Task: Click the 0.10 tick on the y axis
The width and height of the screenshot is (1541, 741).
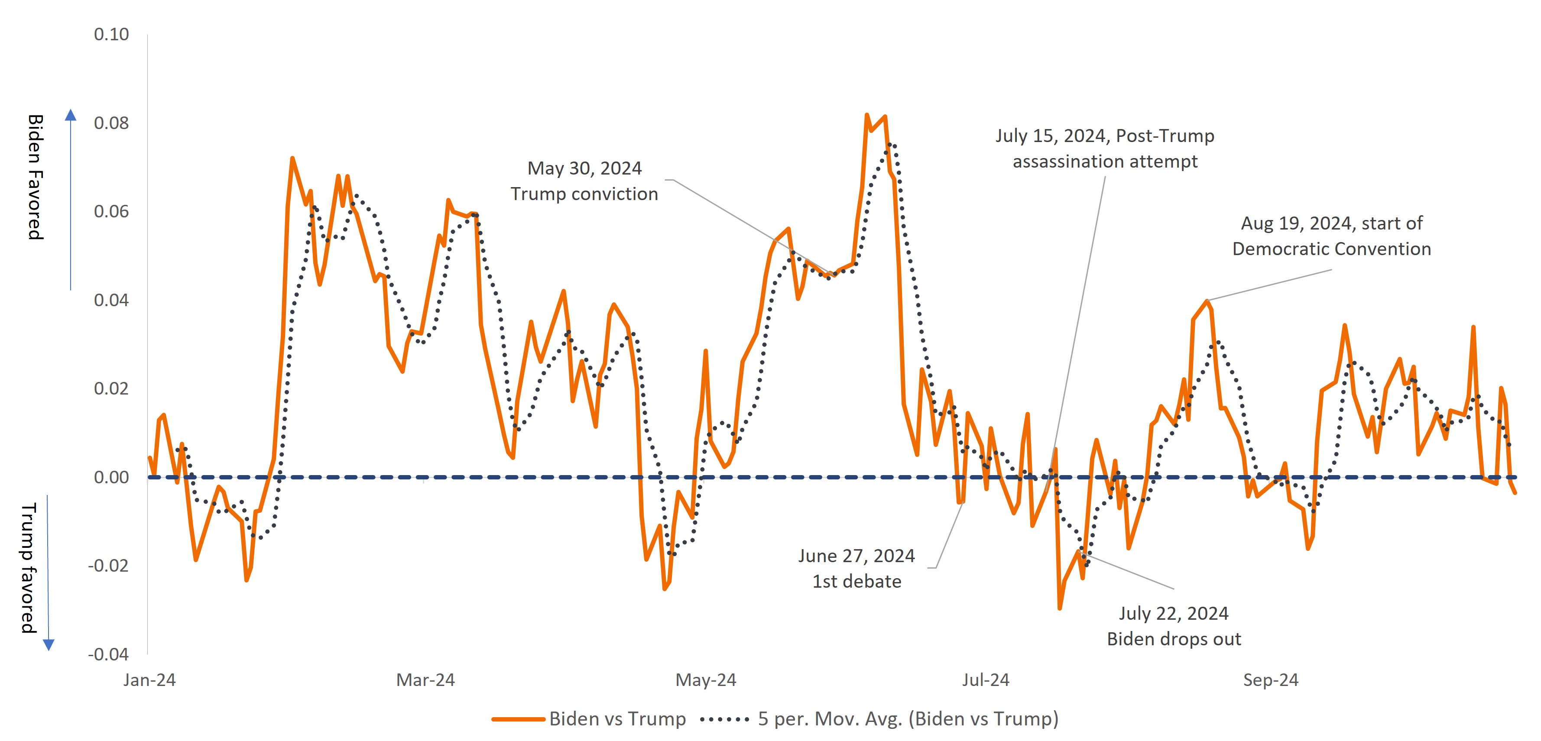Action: [111, 35]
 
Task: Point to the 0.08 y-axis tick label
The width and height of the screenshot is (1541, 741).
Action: [111, 123]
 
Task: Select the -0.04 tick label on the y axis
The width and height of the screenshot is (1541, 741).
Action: [108, 654]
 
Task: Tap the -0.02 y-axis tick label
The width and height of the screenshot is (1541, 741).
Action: [108, 566]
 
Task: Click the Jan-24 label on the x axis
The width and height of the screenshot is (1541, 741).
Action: [149, 680]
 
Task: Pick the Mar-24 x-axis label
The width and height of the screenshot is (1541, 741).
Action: [425, 680]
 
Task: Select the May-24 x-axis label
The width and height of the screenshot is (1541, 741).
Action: [706, 680]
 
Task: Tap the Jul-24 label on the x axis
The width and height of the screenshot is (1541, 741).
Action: [985, 680]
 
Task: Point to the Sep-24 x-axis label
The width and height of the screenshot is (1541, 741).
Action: [1271, 680]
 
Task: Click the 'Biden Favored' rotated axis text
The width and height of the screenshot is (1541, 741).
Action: [36, 177]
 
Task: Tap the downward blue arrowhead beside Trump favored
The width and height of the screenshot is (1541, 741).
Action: [49, 644]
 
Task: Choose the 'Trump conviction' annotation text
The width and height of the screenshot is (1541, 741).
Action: [584, 194]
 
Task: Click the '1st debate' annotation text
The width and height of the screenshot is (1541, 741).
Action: [856, 581]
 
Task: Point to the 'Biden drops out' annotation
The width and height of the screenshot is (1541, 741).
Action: [1174, 639]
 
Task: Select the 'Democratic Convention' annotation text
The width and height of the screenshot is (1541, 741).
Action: [1332, 249]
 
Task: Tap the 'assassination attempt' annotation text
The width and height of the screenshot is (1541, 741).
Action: [1105, 162]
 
